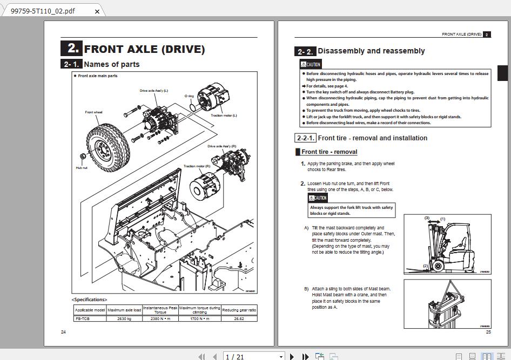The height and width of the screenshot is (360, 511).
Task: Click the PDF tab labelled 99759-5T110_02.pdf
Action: [x=43, y=11]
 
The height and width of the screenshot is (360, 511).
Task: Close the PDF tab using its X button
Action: [x=97, y=11]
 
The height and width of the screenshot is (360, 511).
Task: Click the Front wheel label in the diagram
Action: [x=93, y=112]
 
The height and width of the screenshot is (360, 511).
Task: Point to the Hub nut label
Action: [x=82, y=168]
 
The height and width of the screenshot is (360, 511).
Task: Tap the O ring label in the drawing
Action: [x=189, y=96]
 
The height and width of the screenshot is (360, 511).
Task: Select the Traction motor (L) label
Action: [x=224, y=116]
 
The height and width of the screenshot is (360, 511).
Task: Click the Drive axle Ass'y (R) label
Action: [x=221, y=146]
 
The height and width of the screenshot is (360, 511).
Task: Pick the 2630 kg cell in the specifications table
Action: [x=124, y=318]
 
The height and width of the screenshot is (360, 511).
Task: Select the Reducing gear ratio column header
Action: [x=239, y=310]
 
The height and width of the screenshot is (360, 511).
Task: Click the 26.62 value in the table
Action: [x=239, y=318]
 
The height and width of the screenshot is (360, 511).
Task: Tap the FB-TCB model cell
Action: [x=90, y=318]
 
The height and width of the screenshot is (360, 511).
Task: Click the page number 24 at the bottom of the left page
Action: [x=63, y=331]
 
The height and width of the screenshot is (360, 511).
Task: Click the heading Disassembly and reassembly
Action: [x=371, y=51]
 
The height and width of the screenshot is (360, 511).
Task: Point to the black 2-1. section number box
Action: [x=71, y=64]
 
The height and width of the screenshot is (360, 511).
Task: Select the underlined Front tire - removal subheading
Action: [x=329, y=152]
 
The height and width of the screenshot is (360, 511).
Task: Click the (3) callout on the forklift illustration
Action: [x=427, y=219]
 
